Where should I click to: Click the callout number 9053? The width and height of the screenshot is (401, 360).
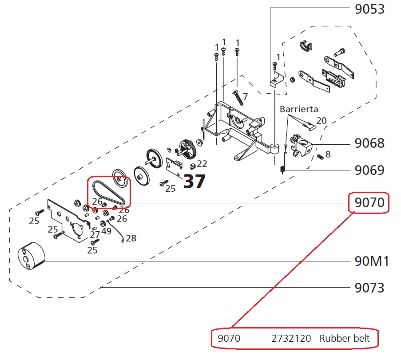[369, 9]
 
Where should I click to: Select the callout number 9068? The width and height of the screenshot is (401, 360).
[369, 144]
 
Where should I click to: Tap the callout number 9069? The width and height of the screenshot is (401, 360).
[369, 170]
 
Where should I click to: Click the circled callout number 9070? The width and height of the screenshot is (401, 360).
[369, 204]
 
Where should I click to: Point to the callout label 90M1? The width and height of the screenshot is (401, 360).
[372, 261]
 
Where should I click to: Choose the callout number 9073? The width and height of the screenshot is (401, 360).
[369, 288]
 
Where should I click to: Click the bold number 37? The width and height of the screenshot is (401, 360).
[195, 181]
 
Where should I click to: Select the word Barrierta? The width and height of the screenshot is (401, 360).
[299, 109]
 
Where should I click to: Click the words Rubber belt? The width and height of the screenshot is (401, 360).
[344, 339]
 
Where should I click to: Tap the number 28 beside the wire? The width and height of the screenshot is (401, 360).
[131, 238]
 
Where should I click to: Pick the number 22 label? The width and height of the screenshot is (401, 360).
[202, 164]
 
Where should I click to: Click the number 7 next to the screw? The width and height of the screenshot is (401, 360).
[245, 96]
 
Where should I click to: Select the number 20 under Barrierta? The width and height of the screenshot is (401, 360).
[322, 121]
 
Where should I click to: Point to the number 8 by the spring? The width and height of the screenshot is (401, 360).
[328, 154]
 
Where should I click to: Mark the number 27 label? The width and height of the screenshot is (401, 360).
[95, 234]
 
